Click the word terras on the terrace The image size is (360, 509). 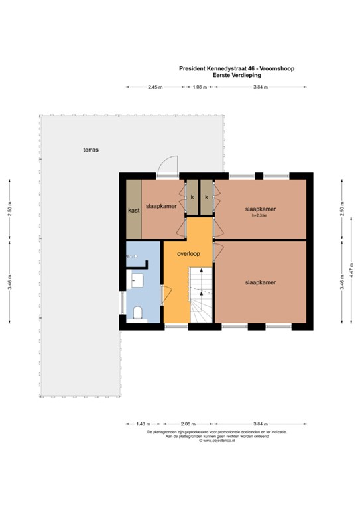click(x=91, y=150)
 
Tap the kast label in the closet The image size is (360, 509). click(x=133, y=210)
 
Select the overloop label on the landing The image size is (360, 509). click(x=188, y=253)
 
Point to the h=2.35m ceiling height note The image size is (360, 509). click(x=260, y=215)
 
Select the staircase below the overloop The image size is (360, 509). click(x=200, y=296)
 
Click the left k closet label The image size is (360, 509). click(x=192, y=197)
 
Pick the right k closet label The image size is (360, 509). click(x=207, y=197)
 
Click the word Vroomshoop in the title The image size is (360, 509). click(x=278, y=68)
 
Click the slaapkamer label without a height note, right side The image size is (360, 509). click(x=260, y=282)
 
